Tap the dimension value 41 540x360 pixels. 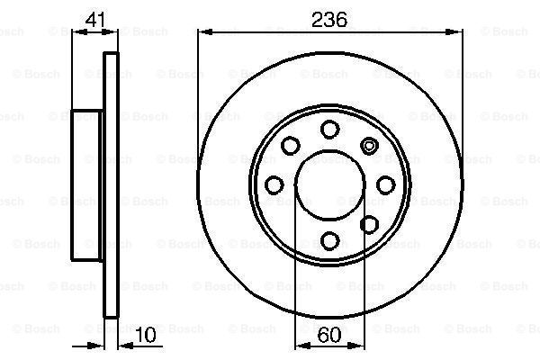[94, 17]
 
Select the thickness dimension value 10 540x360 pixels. [144, 336]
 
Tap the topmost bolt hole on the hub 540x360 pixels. [330, 128]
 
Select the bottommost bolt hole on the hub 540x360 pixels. [330, 240]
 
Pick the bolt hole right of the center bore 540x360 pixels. [386, 184]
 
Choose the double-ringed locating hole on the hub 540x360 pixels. [369, 145]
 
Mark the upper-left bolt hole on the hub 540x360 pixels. [292, 145]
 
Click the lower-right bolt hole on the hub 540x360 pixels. [369, 224]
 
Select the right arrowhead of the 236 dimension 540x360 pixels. [462, 32]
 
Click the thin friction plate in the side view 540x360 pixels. [112, 184]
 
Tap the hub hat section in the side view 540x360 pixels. [88, 184]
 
